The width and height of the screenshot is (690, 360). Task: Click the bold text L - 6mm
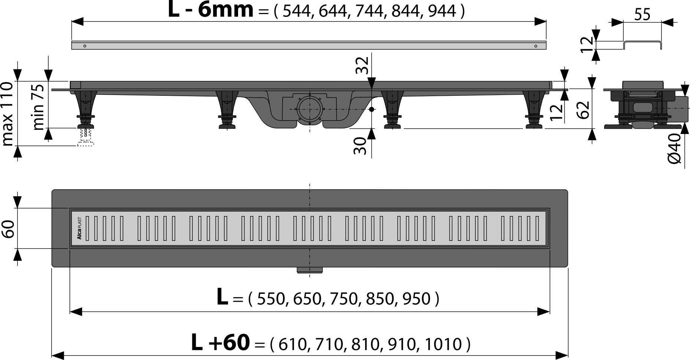click(211, 10)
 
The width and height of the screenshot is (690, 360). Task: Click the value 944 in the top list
click(442, 12)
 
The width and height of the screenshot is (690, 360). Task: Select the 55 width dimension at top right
click(642, 15)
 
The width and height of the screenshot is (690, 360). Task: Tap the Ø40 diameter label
click(675, 148)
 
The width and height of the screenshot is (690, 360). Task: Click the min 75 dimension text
click(39, 107)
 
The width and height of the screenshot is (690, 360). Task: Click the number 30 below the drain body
click(359, 145)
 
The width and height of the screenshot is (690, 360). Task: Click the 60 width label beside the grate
click(8, 229)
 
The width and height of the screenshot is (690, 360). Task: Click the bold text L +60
click(220, 343)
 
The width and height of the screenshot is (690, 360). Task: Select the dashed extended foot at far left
click(86, 137)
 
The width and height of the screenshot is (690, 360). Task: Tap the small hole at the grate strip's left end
click(85, 46)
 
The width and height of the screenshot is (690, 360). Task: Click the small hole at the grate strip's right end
click(536, 46)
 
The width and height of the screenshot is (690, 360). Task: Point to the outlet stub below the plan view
click(309, 270)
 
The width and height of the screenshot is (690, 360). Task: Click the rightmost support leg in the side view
click(534, 109)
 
